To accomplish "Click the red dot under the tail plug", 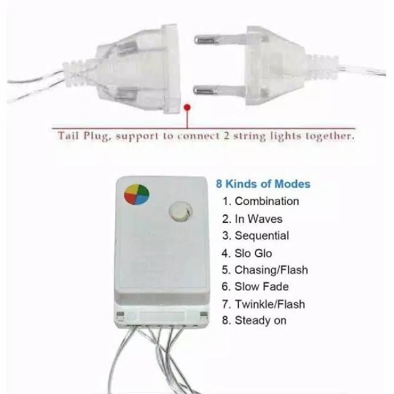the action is (x=187, y=108).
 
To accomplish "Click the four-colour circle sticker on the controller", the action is (x=137, y=195).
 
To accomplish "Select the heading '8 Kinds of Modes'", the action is (x=263, y=184).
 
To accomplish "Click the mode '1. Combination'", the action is (x=261, y=201).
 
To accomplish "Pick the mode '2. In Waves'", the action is (x=252, y=219).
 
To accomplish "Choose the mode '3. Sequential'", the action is (x=255, y=236).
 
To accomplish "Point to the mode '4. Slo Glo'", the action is (x=247, y=253).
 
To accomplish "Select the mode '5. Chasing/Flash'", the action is (x=265, y=270).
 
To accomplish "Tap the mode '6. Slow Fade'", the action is (x=255, y=286).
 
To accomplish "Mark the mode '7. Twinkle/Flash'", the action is (x=263, y=304).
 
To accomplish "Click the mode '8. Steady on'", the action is (x=254, y=320).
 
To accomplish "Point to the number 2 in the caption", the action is (x=226, y=135).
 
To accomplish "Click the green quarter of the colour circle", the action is (x=143, y=190).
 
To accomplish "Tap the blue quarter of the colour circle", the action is (x=142, y=199).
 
